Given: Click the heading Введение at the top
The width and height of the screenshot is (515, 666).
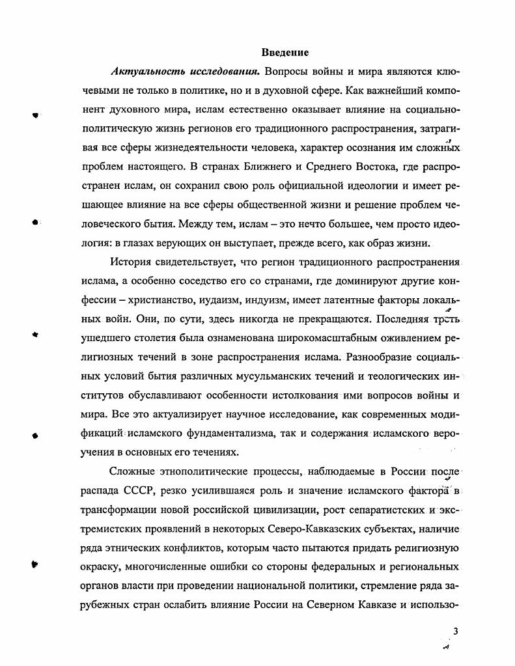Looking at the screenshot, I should (x=285, y=52).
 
